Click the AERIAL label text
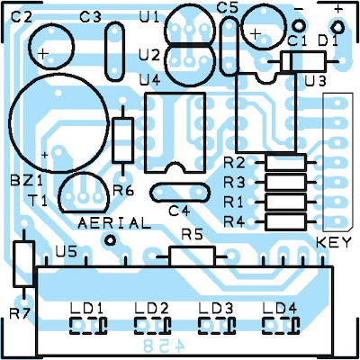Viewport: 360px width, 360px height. pos(114,223)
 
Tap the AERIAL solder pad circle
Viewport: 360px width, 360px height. pos(110,239)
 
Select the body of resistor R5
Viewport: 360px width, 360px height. pos(192,256)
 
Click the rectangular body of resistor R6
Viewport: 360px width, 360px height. pos(122,140)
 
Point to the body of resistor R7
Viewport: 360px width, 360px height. pos(23,264)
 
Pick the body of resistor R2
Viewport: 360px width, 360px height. pos(286,162)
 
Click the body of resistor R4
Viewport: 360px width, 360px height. pos(286,222)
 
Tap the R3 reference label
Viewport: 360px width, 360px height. pos(234,183)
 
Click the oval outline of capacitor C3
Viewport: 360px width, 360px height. pos(106,51)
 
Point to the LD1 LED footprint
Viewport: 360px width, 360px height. pos(88,326)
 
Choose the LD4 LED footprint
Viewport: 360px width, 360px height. pos(281,326)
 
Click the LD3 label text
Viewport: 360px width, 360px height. pos(216,309)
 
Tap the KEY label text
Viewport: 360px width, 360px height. pos(334,242)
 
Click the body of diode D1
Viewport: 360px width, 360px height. pos(303,61)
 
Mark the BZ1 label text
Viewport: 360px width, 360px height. pos(26,181)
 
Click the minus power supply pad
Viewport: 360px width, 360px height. pos(299,25)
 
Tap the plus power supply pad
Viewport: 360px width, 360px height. pos(337,28)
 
